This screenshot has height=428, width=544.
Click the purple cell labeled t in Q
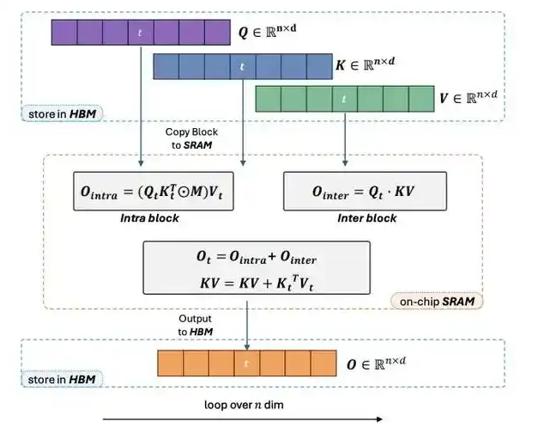141,34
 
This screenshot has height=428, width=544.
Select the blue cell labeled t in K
242,66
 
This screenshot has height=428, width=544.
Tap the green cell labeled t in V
344,99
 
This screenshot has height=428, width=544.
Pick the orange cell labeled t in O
247,363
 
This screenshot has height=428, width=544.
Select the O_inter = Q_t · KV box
354,191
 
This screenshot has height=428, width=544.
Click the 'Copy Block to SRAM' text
190,138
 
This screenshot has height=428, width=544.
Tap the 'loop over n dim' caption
244,404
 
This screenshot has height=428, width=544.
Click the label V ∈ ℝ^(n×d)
473,99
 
